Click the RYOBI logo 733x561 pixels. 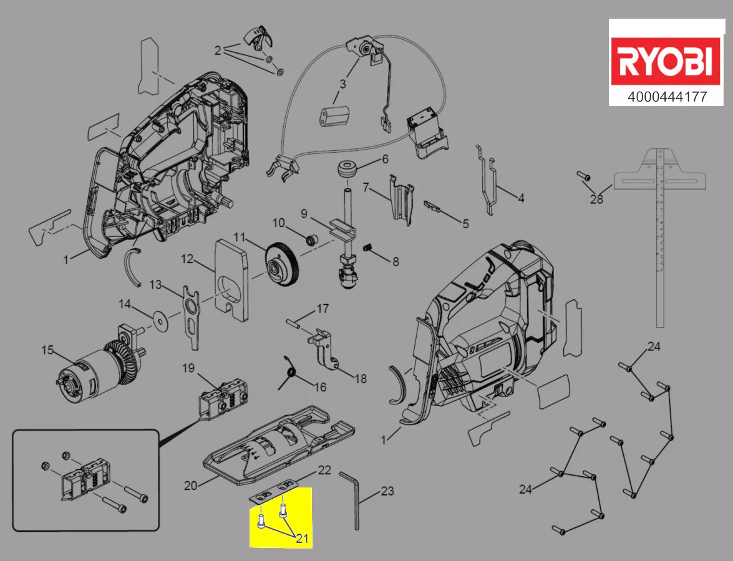click(x=665, y=62)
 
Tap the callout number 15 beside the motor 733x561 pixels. click(x=48, y=350)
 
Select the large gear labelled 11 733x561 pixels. click(x=283, y=267)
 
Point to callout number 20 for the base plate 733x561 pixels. click(x=191, y=484)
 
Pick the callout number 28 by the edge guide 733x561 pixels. click(x=597, y=199)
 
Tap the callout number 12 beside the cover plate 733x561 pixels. click(x=188, y=258)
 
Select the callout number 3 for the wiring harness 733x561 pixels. click(x=342, y=83)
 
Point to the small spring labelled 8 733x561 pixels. click(x=369, y=249)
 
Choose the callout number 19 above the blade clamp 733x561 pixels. click(x=188, y=368)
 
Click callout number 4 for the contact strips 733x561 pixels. click(x=521, y=198)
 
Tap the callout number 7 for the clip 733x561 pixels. click(x=366, y=186)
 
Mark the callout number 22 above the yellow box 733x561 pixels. click(x=324, y=471)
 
